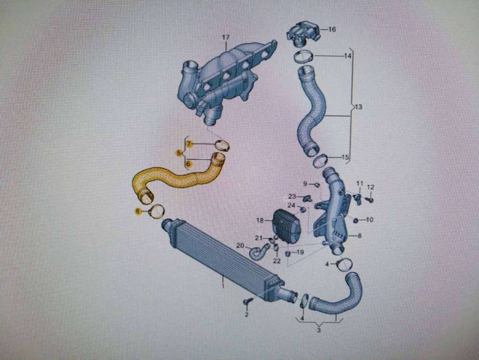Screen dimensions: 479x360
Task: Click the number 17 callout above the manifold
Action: point(226,38)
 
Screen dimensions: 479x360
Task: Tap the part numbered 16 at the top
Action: point(303,33)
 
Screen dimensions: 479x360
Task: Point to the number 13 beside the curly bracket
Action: point(358,107)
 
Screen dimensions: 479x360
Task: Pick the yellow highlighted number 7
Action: point(189,143)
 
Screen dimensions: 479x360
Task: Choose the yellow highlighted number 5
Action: point(179,153)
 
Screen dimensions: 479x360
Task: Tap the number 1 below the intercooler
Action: point(223,286)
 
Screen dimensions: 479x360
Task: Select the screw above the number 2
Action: point(247,301)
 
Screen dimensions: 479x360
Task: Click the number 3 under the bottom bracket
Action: point(319,330)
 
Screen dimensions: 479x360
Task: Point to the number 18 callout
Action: point(260,220)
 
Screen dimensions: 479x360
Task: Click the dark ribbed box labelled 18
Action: point(286,226)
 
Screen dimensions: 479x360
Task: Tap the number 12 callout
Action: point(370,187)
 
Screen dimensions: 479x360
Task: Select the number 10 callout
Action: point(369,219)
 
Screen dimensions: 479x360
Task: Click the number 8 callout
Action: point(360,235)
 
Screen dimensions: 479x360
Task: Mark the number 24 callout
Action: point(291,206)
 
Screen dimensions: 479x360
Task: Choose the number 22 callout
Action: point(277,260)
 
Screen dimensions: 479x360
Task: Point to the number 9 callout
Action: point(305,184)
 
